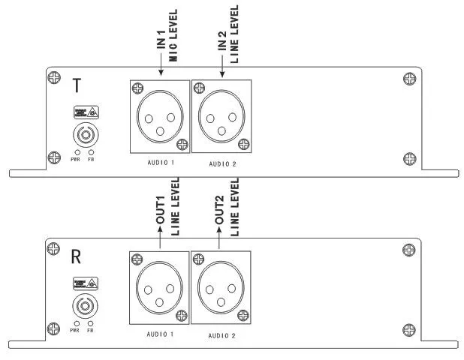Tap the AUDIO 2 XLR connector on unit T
(x=222, y=118)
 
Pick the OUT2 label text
(x=219, y=208)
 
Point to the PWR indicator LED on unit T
(x=76, y=151)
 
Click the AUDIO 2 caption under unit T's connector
(x=222, y=163)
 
